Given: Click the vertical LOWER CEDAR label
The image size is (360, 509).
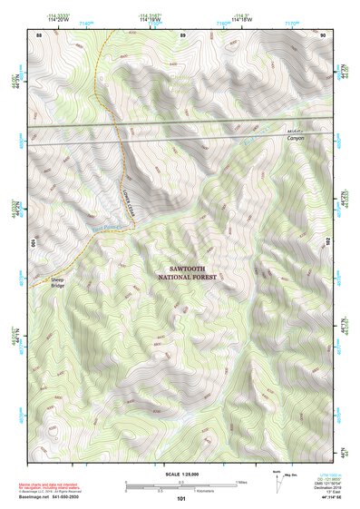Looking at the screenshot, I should coord(130,191).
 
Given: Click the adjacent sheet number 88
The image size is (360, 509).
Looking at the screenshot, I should coord(38,34).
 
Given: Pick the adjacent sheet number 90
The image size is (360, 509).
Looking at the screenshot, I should coord(325,34).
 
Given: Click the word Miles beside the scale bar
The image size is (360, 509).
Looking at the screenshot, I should coord(242,483).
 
